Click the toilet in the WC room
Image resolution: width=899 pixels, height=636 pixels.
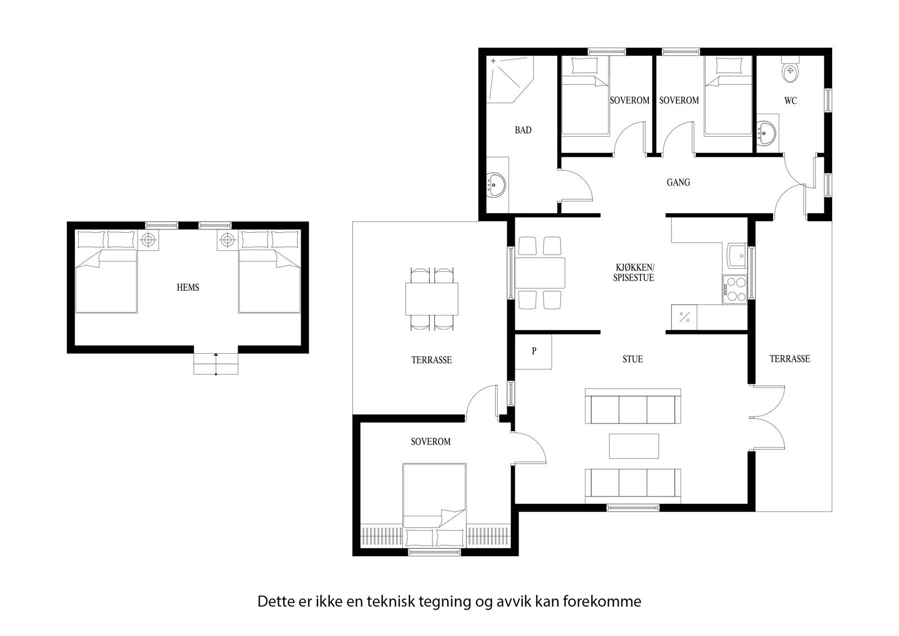791,70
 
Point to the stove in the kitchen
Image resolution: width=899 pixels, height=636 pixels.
734,290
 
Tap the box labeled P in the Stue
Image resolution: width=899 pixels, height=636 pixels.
534,352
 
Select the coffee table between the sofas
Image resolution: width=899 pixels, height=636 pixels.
634,446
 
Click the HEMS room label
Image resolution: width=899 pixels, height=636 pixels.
188,287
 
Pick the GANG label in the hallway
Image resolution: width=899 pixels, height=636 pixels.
678,182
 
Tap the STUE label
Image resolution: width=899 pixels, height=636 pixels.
632,359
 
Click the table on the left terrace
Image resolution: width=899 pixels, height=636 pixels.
432,299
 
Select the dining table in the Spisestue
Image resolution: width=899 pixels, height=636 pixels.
540,273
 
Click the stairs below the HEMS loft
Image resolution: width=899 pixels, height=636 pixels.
216,363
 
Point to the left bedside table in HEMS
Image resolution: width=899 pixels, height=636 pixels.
148,240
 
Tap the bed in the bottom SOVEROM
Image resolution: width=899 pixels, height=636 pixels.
434,500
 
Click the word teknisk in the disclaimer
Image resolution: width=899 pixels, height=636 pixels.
391,602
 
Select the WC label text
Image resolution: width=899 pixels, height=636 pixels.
791,101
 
